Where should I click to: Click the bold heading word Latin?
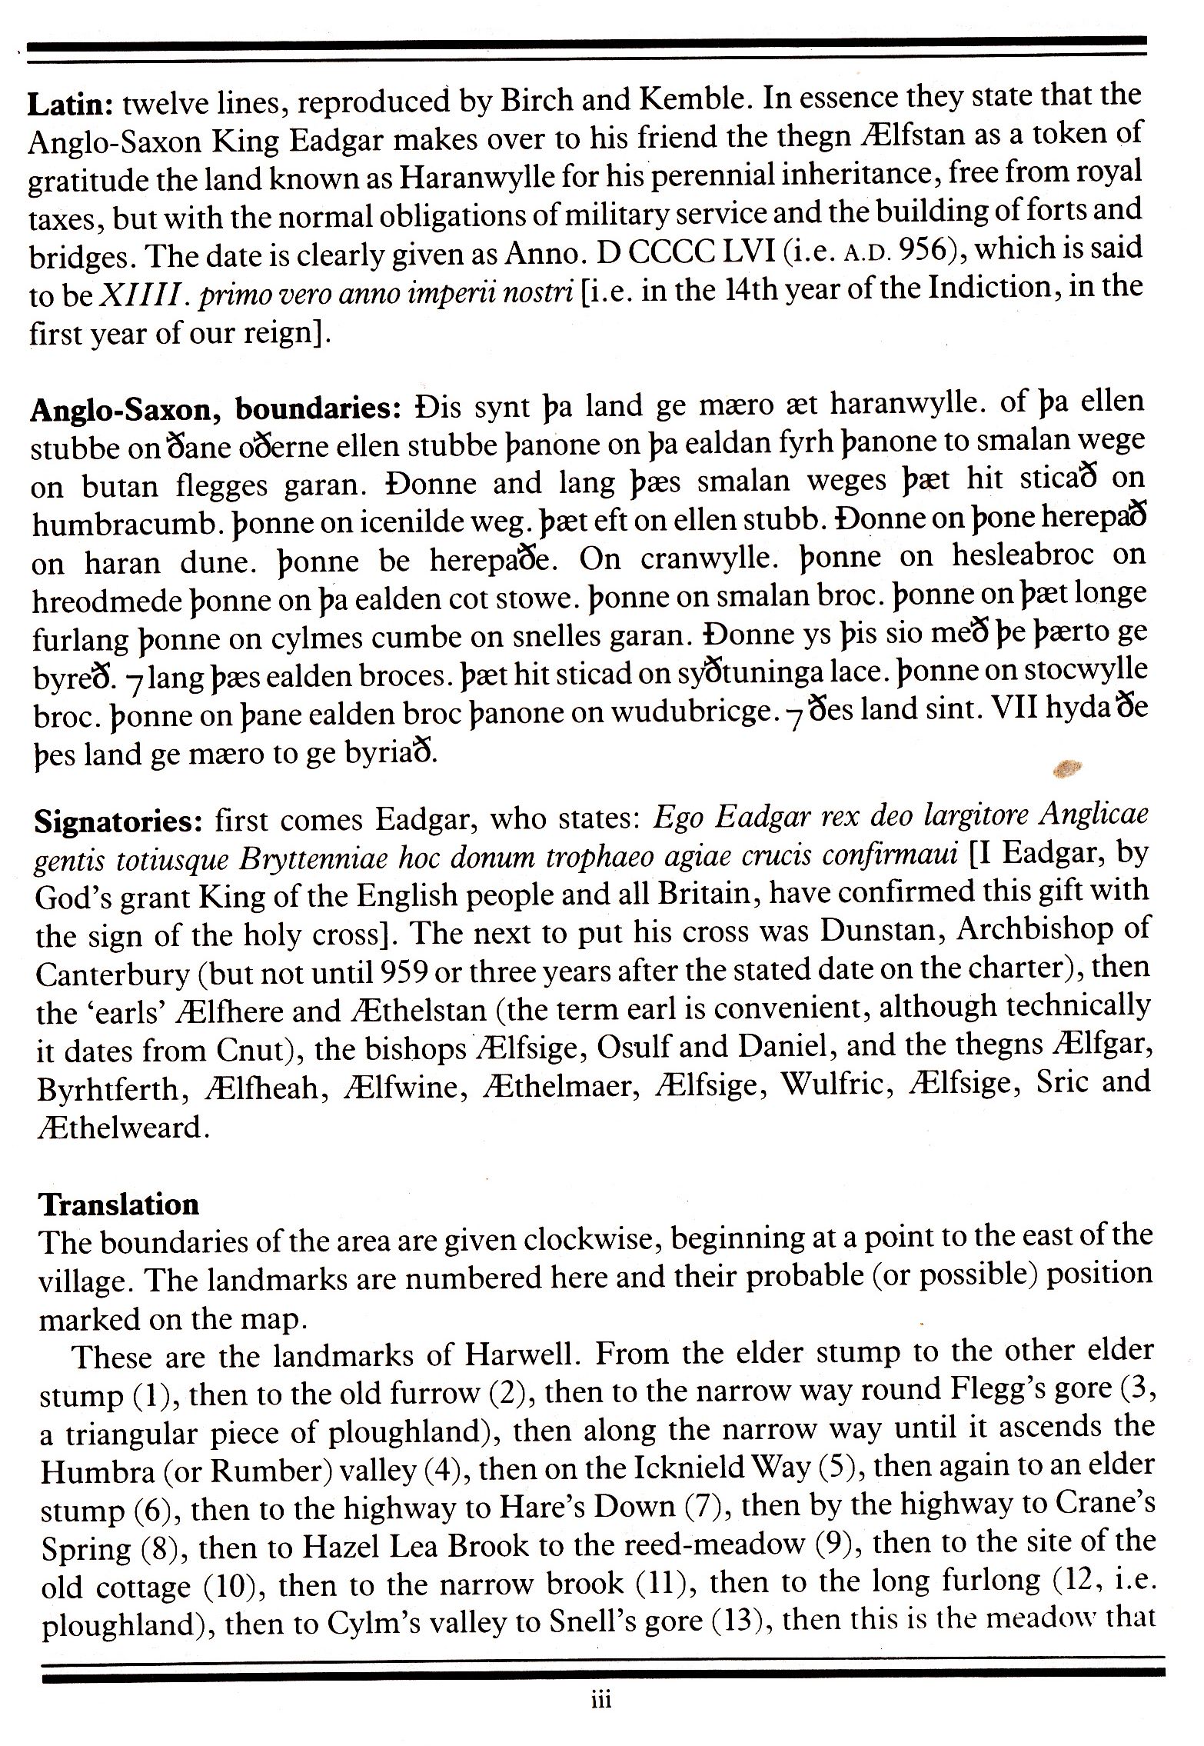[71, 104]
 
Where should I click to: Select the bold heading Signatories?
[118, 823]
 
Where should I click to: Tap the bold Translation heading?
[119, 1204]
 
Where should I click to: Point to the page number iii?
[601, 1699]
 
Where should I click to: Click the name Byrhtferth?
[110, 1089]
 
